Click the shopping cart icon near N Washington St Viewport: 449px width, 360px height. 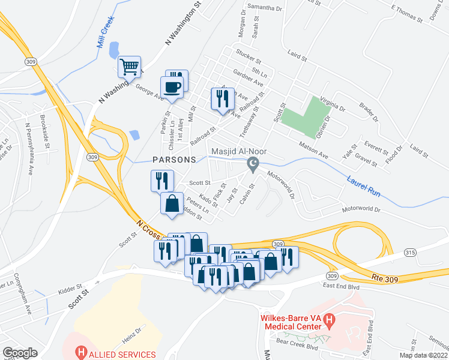click(x=130, y=67)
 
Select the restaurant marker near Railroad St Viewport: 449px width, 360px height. click(x=223, y=98)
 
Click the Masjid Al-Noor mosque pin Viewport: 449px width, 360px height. click(x=254, y=164)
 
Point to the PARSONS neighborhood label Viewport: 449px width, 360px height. click(x=174, y=160)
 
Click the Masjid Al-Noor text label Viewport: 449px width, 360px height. click(x=238, y=151)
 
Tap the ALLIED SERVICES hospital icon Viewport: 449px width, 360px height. click(x=80, y=354)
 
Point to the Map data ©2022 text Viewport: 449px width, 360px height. click(x=423, y=355)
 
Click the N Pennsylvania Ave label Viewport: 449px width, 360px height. click(x=28, y=149)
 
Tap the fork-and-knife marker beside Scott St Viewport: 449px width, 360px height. click(x=161, y=180)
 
